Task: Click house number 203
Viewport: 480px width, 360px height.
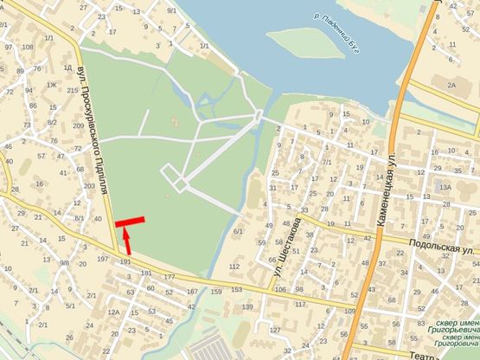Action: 88,185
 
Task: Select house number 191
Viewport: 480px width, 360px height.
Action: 126,260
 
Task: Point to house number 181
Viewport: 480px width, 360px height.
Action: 145,273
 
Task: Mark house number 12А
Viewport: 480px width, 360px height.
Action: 112,312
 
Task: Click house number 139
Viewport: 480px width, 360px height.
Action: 248,306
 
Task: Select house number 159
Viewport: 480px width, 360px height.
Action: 215,292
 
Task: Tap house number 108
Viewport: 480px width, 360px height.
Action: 28,47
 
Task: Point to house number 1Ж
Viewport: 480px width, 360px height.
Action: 51,85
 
